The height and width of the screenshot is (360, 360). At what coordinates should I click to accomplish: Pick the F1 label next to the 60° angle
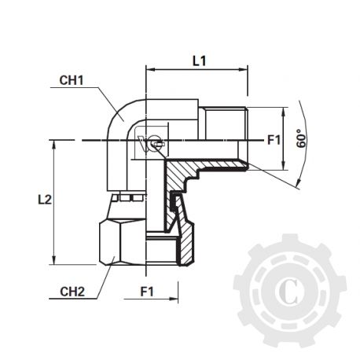click(x=274, y=140)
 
